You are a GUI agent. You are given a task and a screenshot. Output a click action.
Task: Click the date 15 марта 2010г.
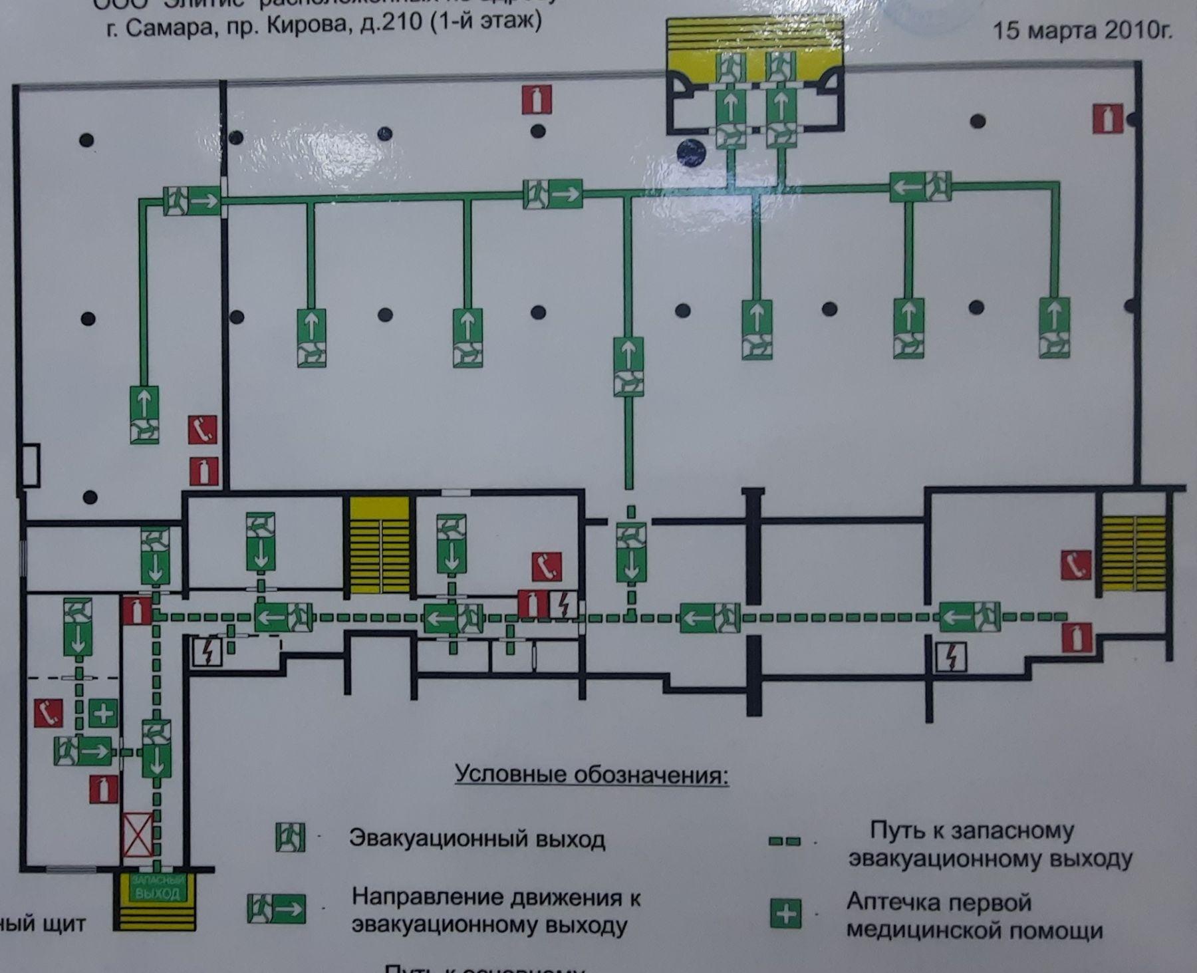[x=1082, y=31]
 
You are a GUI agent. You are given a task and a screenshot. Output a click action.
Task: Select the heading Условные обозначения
[x=591, y=774]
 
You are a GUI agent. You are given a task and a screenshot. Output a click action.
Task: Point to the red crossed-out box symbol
[x=138, y=835]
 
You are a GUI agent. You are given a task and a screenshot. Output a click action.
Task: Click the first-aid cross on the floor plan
[x=103, y=714]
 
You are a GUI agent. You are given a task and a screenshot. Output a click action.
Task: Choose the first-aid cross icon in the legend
[x=785, y=913]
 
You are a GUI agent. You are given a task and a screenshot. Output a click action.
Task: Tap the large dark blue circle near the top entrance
[x=691, y=152]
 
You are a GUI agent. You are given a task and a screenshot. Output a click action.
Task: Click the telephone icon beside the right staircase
[x=1075, y=565]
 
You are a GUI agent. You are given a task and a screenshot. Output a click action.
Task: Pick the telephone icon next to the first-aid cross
[x=49, y=713]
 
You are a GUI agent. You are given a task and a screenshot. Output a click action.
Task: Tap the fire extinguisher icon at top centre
[x=537, y=100]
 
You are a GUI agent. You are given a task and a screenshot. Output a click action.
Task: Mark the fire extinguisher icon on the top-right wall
[x=1107, y=119]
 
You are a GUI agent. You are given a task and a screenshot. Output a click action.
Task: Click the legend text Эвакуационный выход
[x=477, y=839]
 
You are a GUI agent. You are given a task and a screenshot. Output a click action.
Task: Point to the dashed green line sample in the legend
[x=784, y=841]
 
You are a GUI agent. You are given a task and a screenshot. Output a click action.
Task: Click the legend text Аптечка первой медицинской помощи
[x=974, y=916]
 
